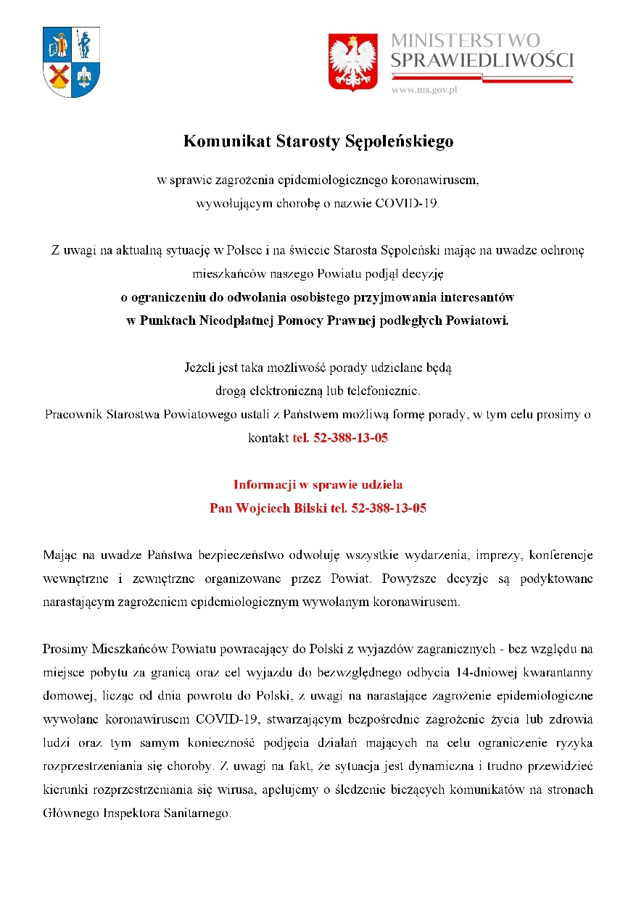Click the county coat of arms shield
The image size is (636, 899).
(72, 62)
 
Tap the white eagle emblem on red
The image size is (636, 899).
(353, 62)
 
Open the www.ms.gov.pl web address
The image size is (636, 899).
(424, 90)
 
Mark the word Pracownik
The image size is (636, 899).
(73, 415)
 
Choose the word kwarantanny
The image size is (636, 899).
(561, 672)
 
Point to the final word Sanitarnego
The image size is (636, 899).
(196, 813)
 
